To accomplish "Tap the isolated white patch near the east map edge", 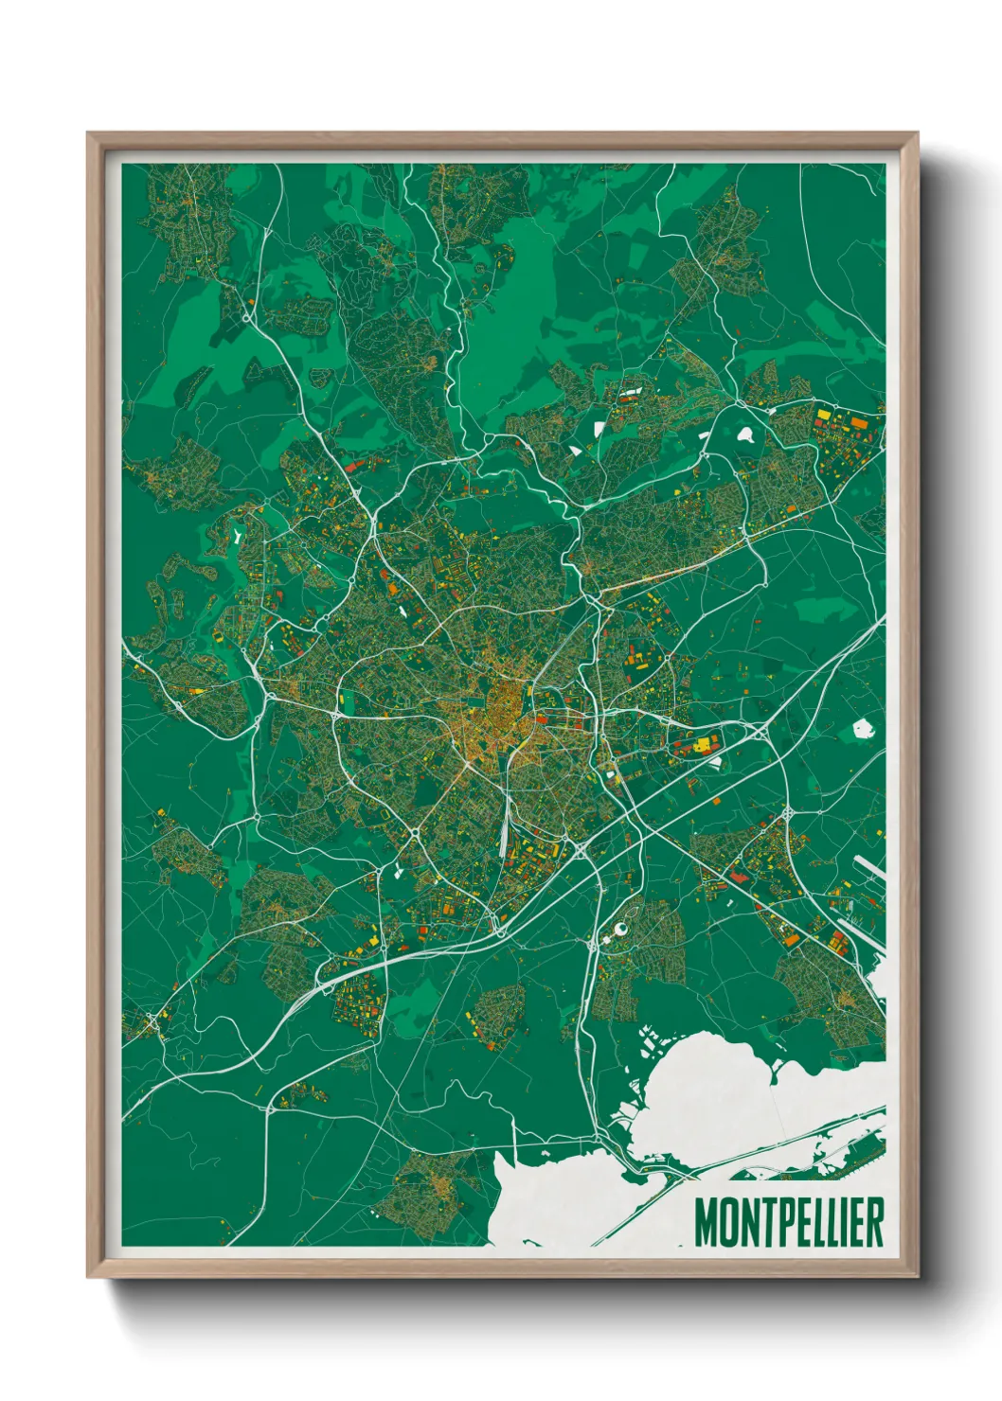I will (862, 728).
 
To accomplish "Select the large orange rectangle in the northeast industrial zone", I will (858, 423).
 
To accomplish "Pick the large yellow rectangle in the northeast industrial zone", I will (823, 414).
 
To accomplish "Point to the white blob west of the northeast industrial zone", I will (745, 435).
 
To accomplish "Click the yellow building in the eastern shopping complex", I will (702, 746).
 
